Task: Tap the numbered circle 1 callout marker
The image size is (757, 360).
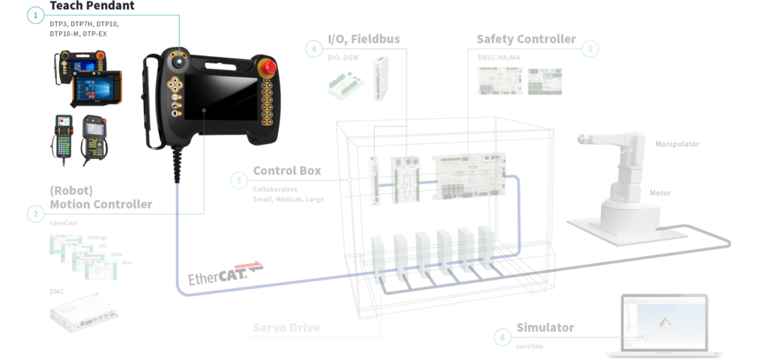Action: click(x=34, y=13)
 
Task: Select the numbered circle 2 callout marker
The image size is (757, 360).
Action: click(x=34, y=214)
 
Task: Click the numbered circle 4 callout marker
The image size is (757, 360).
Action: click(x=314, y=49)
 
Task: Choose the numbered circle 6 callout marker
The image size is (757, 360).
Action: click(x=503, y=337)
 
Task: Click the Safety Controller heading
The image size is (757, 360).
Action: click(x=526, y=38)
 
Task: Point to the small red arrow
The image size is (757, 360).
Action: click(x=248, y=262)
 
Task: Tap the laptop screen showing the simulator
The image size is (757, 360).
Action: click(x=664, y=322)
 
